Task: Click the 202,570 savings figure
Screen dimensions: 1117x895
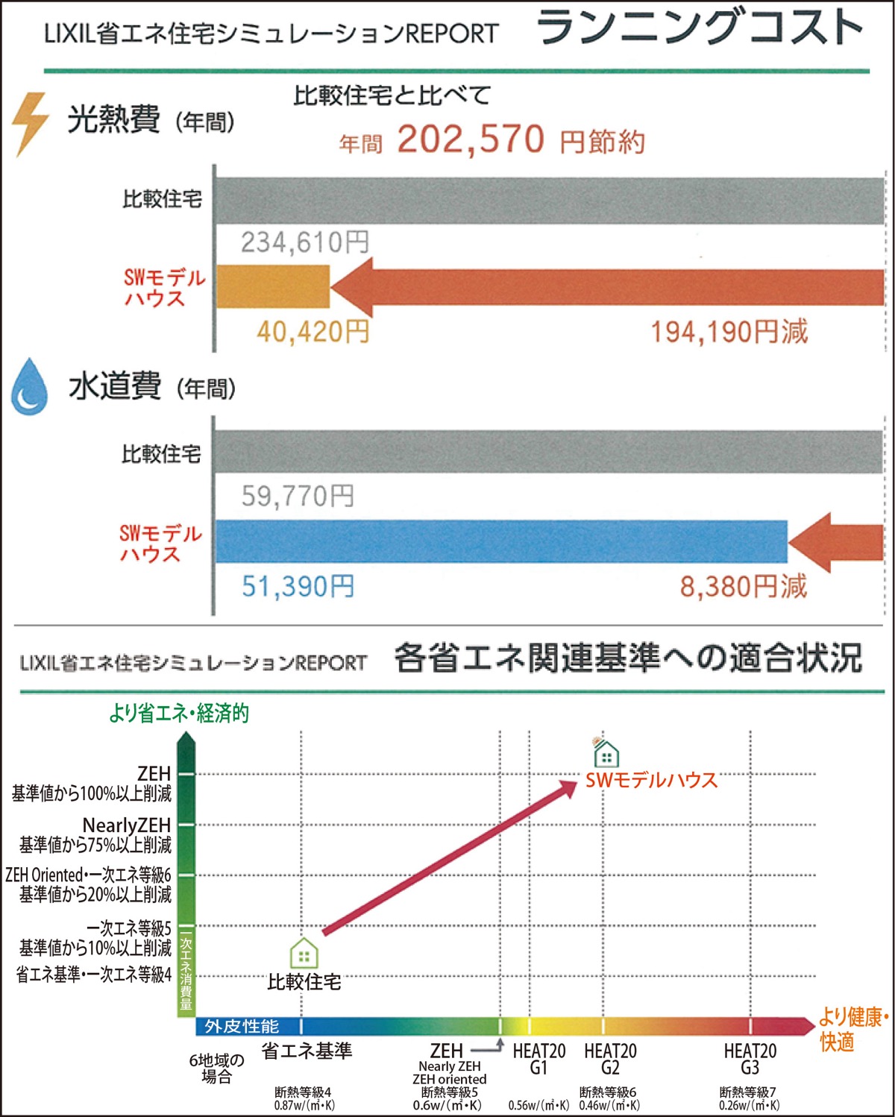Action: [x=471, y=139]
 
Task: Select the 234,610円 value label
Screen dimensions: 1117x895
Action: [x=305, y=242]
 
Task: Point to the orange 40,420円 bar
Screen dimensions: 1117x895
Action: [x=273, y=287]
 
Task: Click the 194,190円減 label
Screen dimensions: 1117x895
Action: [x=729, y=332]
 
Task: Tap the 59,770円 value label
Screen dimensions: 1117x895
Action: [x=298, y=496]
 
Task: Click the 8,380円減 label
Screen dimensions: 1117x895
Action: [x=744, y=587]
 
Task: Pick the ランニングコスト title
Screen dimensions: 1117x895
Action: [x=700, y=28]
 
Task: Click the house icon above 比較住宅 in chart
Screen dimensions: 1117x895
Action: [x=304, y=953]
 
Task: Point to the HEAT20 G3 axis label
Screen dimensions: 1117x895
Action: [x=750, y=1059]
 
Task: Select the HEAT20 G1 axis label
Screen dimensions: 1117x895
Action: [x=538, y=1059]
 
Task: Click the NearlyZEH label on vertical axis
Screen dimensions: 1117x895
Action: [x=127, y=825]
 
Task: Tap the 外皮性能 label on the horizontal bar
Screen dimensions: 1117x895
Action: [x=242, y=1027]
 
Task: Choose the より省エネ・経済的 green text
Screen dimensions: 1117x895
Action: [x=179, y=714]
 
